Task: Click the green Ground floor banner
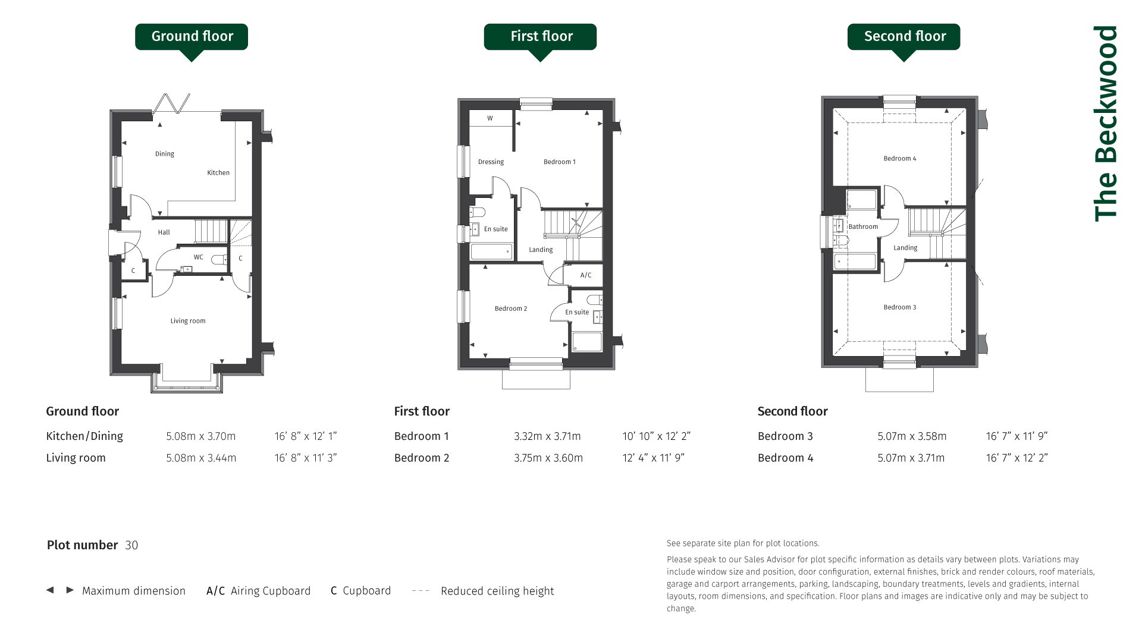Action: [x=192, y=37]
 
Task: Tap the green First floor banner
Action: [x=540, y=37]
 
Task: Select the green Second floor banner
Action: [x=903, y=37]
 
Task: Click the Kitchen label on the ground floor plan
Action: [x=218, y=173]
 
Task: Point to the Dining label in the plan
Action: [x=165, y=154]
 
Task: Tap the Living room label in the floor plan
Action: [x=188, y=321]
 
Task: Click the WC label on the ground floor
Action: [x=199, y=257]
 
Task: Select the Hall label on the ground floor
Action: [x=164, y=232]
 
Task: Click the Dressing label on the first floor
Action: [x=491, y=162]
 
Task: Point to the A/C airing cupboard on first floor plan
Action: [x=586, y=275]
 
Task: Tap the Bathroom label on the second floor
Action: [x=863, y=226]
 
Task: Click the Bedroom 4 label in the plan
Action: [x=900, y=159]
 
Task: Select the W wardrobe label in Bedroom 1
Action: [x=490, y=118]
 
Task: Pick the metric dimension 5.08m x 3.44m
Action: [x=201, y=458]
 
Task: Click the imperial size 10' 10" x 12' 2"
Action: [x=656, y=436]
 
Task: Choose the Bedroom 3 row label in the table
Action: [x=785, y=436]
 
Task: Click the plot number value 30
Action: [x=131, y=545]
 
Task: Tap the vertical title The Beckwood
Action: [x=1106, y=124]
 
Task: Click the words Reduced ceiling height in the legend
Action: [x=497, y=591]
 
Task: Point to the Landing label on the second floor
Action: [x=905, y=248]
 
